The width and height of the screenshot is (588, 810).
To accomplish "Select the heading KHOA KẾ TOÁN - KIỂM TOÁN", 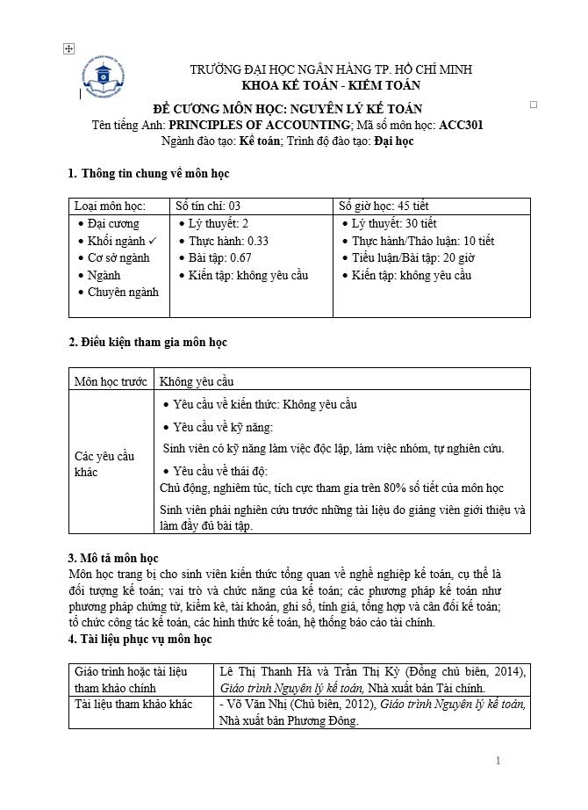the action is tap(331, 85).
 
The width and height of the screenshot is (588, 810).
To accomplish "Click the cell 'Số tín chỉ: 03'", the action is tap(208, 206).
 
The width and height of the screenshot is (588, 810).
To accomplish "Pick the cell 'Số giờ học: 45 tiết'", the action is tap(384, 206).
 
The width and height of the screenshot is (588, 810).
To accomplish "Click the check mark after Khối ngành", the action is tap(152, 241).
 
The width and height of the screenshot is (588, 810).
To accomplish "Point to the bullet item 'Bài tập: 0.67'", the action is tap(219, 257).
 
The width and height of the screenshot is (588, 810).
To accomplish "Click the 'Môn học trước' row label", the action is tap(110, 381).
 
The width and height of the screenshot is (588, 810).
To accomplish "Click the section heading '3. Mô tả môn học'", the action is tap(113, 558).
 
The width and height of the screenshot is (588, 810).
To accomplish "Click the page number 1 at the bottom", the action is tap(498, 761).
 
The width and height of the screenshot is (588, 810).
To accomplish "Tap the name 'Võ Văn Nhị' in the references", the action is tap(255, 705).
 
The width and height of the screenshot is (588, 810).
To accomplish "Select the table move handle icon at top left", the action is tap(69, 49).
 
